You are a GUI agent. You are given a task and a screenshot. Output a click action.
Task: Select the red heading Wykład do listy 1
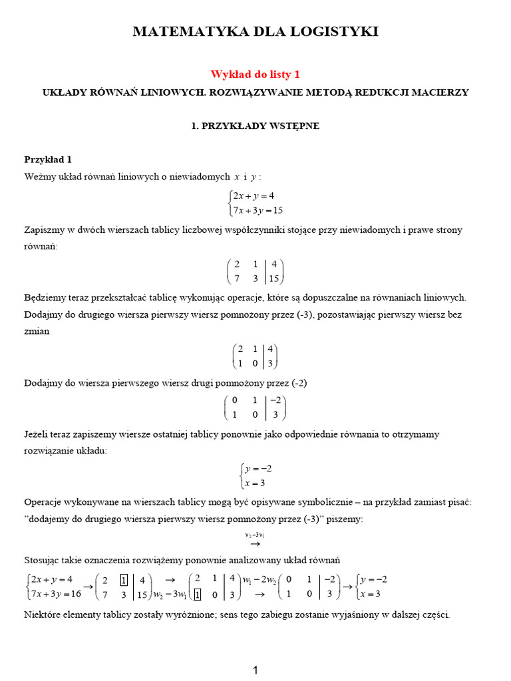point(250,74)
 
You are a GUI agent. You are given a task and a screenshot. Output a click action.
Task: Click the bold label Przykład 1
point(47,160)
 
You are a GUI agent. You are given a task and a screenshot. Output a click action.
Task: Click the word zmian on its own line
point(37,331)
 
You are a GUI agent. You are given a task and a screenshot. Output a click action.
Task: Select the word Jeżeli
point(38,434)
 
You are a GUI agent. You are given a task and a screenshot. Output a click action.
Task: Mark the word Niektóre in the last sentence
point(45,614)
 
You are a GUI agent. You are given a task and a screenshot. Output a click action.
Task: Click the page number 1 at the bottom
point(255,671)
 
